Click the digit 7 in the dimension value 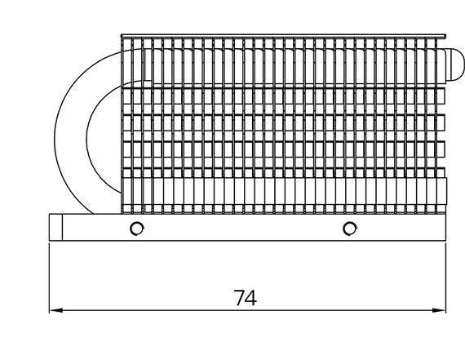coord(239,298)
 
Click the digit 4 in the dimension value coord(251,298)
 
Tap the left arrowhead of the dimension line coord(56,310)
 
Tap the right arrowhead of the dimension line coord(439,310)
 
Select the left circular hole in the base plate coord(137,229)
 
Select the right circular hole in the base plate coord(350,229)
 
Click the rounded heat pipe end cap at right coord(455,64)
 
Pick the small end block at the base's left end coord(55,227)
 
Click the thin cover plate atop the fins coord(283,36)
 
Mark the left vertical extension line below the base coord(49,278)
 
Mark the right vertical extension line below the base coord(445,278)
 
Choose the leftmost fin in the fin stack coord(122,125)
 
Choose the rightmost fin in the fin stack coord(436,125)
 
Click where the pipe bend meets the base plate coord(93,214)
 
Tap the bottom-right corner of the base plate coord(445,240)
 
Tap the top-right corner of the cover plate coord(445,34)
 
